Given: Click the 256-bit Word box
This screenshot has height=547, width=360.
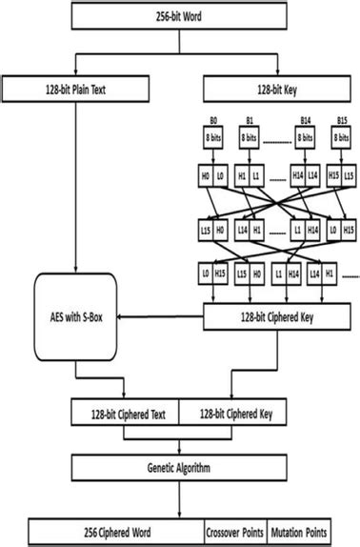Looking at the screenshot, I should (x=179, y=15).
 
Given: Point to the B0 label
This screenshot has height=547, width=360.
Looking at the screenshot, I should (x=215, y=122).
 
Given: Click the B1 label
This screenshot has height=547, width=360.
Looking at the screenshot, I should (x=249, y=122).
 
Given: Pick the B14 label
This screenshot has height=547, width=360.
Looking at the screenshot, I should (x=304, y=122).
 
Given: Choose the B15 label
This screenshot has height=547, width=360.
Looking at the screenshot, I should (x=338, y=122).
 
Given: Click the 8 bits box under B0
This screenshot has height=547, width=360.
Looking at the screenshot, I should (x=215, y=139).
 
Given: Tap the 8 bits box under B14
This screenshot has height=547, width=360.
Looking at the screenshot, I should (x=304, y=139).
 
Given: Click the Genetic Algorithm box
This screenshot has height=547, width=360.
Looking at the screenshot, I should (x=179, y=469).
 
